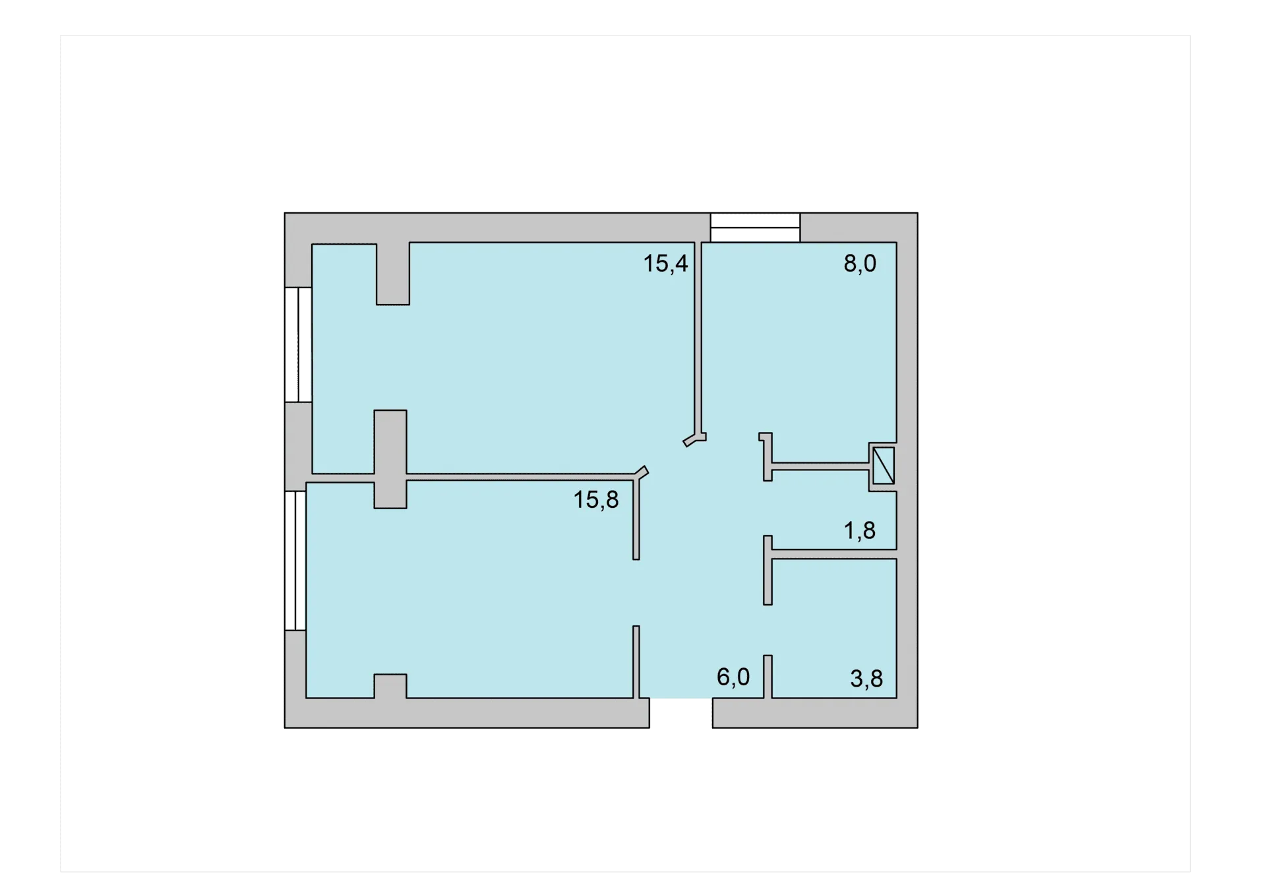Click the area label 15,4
click(x=665, y=264)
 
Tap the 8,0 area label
click(x=860, y=264)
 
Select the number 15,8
click(x=596, y=500)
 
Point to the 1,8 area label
click(x=860, y=530)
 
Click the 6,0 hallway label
click(x=733, y=677)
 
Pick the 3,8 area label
click(x=866, y=679)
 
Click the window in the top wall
click(x=755, y=228)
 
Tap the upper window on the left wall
click(x=298, y=344)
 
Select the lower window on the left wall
click(x=295, y=561)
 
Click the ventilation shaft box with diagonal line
click(x=884, y=466)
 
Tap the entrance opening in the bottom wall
click(x=681, y=713)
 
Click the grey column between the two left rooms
click(x=390, y=459)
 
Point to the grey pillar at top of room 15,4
click(x=393, y=274)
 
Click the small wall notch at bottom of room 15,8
click(x=390, y=686)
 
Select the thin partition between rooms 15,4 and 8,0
click(x=698, y=338)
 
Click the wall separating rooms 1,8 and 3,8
click(x=834, y=554)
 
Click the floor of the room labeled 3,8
click(x=834, y=627)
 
